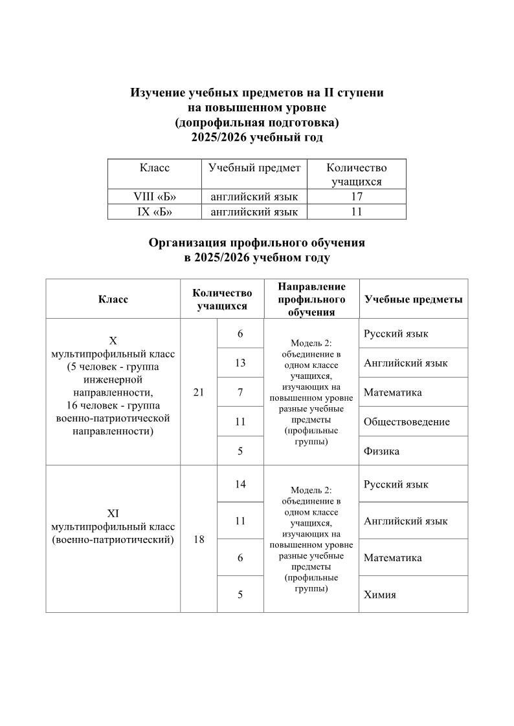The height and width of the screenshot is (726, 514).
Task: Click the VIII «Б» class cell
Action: click(x=155, y=197)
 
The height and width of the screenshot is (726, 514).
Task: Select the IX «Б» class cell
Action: click(x=155, y=211)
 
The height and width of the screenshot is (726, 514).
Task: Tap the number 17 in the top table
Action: click(x=356, y=197)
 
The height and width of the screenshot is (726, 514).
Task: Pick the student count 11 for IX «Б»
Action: click(x=356, y=211)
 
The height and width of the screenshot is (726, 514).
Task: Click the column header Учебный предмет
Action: click(x=254, y=168)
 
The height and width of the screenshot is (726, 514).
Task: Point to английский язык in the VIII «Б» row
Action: click(x=254, y=197)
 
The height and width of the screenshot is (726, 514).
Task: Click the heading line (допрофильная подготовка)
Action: click(x=257, y=122)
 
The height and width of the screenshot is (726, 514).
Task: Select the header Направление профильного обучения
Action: click(x=311, y=299)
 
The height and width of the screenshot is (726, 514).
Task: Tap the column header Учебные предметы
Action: click(x=413, y=299)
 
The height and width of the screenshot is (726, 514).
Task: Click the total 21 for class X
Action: click(x=199, y=392)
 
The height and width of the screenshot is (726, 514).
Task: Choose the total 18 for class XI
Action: click(x=199, y=539)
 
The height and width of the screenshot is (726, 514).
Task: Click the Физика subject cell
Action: click(x=381, y=451)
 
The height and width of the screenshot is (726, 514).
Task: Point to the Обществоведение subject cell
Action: click(x=407, y=422)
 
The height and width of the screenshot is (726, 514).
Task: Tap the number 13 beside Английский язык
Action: click(x=240, y=363)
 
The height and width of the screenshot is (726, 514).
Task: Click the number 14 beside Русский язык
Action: click(x=240, y=484)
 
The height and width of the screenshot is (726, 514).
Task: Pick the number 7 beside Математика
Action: click(x=240, y=392)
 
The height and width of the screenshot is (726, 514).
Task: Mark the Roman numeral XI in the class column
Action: click(x=113, y=513)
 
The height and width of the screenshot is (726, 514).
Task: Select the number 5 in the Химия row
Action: click(x=240, y=594)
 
